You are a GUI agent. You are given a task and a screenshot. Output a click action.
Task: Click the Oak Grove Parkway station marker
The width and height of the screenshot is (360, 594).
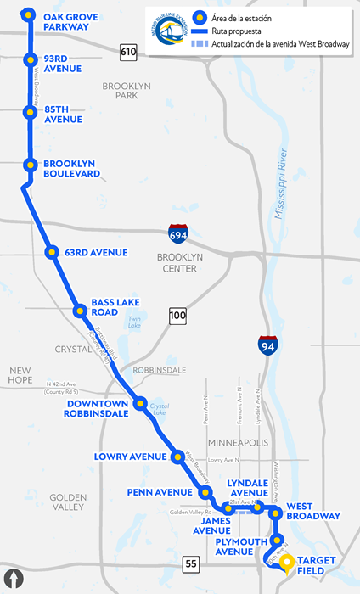(x=30, y=15)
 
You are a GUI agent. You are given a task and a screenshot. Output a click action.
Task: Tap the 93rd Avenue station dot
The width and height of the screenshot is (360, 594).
(x=30, y=59)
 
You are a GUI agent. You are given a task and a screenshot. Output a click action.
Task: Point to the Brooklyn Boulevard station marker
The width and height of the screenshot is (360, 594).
(x=30, y=165)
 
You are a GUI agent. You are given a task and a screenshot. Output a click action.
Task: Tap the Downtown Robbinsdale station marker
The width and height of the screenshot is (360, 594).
(x=140, y=403)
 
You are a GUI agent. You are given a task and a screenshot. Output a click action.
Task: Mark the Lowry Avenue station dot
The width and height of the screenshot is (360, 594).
(x=177, y=457)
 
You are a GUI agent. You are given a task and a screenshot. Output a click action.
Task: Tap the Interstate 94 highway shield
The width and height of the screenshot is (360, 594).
(x=266, y=345)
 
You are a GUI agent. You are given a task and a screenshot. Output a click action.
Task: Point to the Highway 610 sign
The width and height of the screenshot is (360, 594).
(x=128, y=53)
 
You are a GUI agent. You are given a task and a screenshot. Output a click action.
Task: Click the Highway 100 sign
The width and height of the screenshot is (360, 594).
(x=177, y=317)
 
